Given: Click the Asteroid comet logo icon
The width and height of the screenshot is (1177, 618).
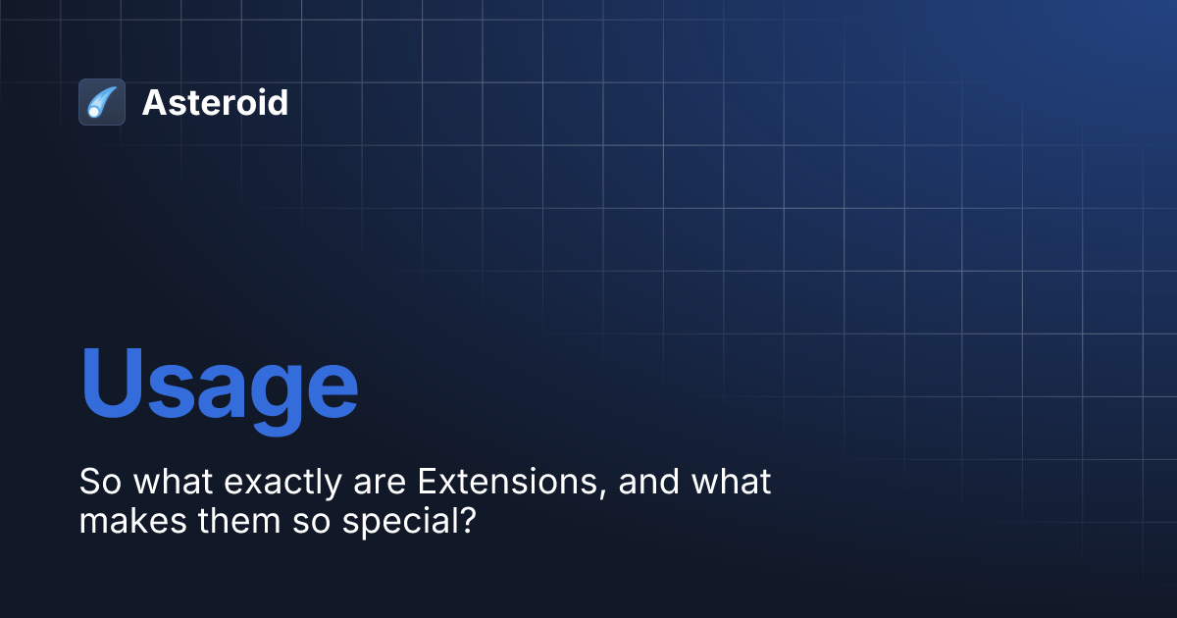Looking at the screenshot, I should point(102,102).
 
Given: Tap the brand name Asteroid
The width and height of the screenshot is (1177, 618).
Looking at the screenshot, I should point(215,102).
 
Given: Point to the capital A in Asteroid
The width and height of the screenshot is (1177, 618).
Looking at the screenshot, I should point(154,102).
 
